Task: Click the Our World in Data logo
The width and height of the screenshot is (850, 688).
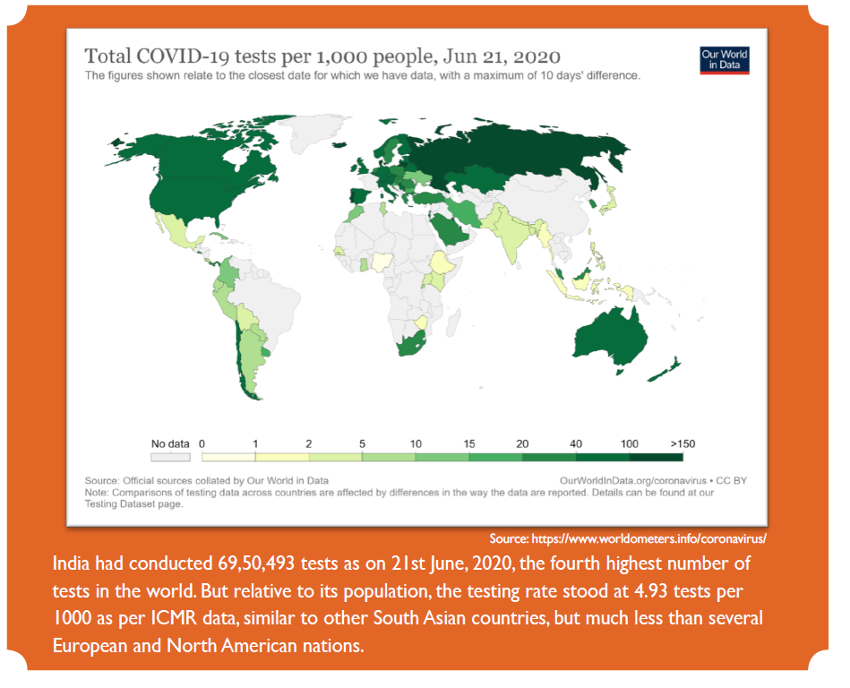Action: point(724,60)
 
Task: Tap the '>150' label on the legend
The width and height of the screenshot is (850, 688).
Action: point(683,443)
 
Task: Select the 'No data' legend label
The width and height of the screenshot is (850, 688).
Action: point(170,443)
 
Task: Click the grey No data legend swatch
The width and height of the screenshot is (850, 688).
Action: point(170,457)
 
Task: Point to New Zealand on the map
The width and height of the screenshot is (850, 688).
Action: point(667,368)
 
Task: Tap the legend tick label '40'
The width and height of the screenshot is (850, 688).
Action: point(576,443)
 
